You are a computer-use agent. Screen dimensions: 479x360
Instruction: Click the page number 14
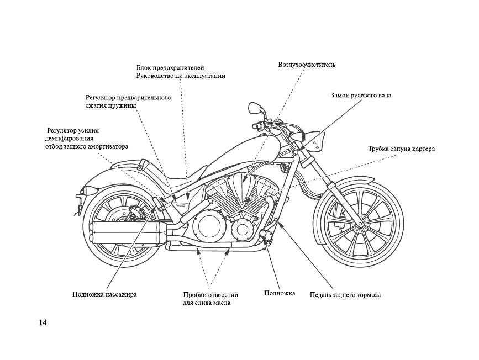(43, 323)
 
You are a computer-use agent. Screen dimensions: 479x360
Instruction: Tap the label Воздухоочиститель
(307, 65)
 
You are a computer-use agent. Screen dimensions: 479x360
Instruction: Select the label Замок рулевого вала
(361, 96)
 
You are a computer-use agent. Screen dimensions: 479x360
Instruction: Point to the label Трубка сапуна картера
(402, 149)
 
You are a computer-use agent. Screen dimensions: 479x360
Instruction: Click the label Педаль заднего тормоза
(345, 295)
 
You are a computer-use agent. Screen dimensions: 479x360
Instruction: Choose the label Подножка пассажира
(104, 295)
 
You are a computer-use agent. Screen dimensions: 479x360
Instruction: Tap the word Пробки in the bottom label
(194, 295)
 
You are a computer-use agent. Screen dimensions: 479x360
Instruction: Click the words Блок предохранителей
(170, 68)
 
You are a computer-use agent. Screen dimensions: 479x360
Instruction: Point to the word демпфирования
(70, 139)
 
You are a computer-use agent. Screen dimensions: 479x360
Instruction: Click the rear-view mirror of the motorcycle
(254, 108)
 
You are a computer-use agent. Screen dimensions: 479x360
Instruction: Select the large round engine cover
(209, 226)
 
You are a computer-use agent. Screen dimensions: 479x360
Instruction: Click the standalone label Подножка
(280, 293)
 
